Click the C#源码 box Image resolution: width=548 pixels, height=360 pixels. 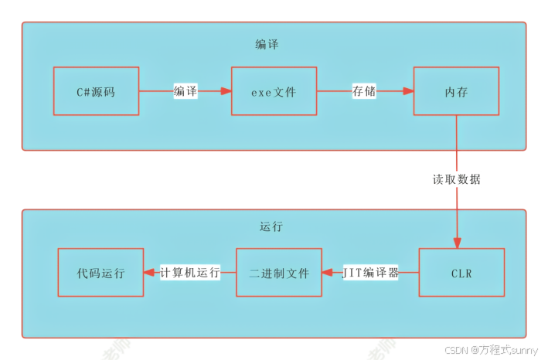[x=96, y=91]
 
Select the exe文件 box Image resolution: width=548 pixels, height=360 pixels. [x=274, y=91]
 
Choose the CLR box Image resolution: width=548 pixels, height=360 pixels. [x=461, y=273]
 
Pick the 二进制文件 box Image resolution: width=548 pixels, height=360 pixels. [x=278, y=273]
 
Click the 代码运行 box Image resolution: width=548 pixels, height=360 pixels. [x=100, y=273]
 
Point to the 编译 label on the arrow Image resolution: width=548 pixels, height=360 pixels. [x=186, y=91]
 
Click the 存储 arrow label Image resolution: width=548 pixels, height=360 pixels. [x=364, y=91]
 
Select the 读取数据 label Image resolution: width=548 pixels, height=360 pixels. [x=456, y=179]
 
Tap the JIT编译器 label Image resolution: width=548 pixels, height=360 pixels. [x=370, y=273]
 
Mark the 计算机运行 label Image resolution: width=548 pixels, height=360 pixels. [x=190, y=273]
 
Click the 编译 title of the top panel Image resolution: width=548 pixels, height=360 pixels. [x=267, y=44]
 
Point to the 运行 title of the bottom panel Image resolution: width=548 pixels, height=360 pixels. [x=271, y=227]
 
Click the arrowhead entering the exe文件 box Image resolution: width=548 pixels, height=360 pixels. [x=226, y=91]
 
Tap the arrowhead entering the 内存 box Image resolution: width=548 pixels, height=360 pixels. [x=407, y=91]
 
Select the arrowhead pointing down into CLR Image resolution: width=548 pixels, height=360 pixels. [x=457, y=242]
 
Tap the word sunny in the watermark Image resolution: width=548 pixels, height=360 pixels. [x=525, y=349]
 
